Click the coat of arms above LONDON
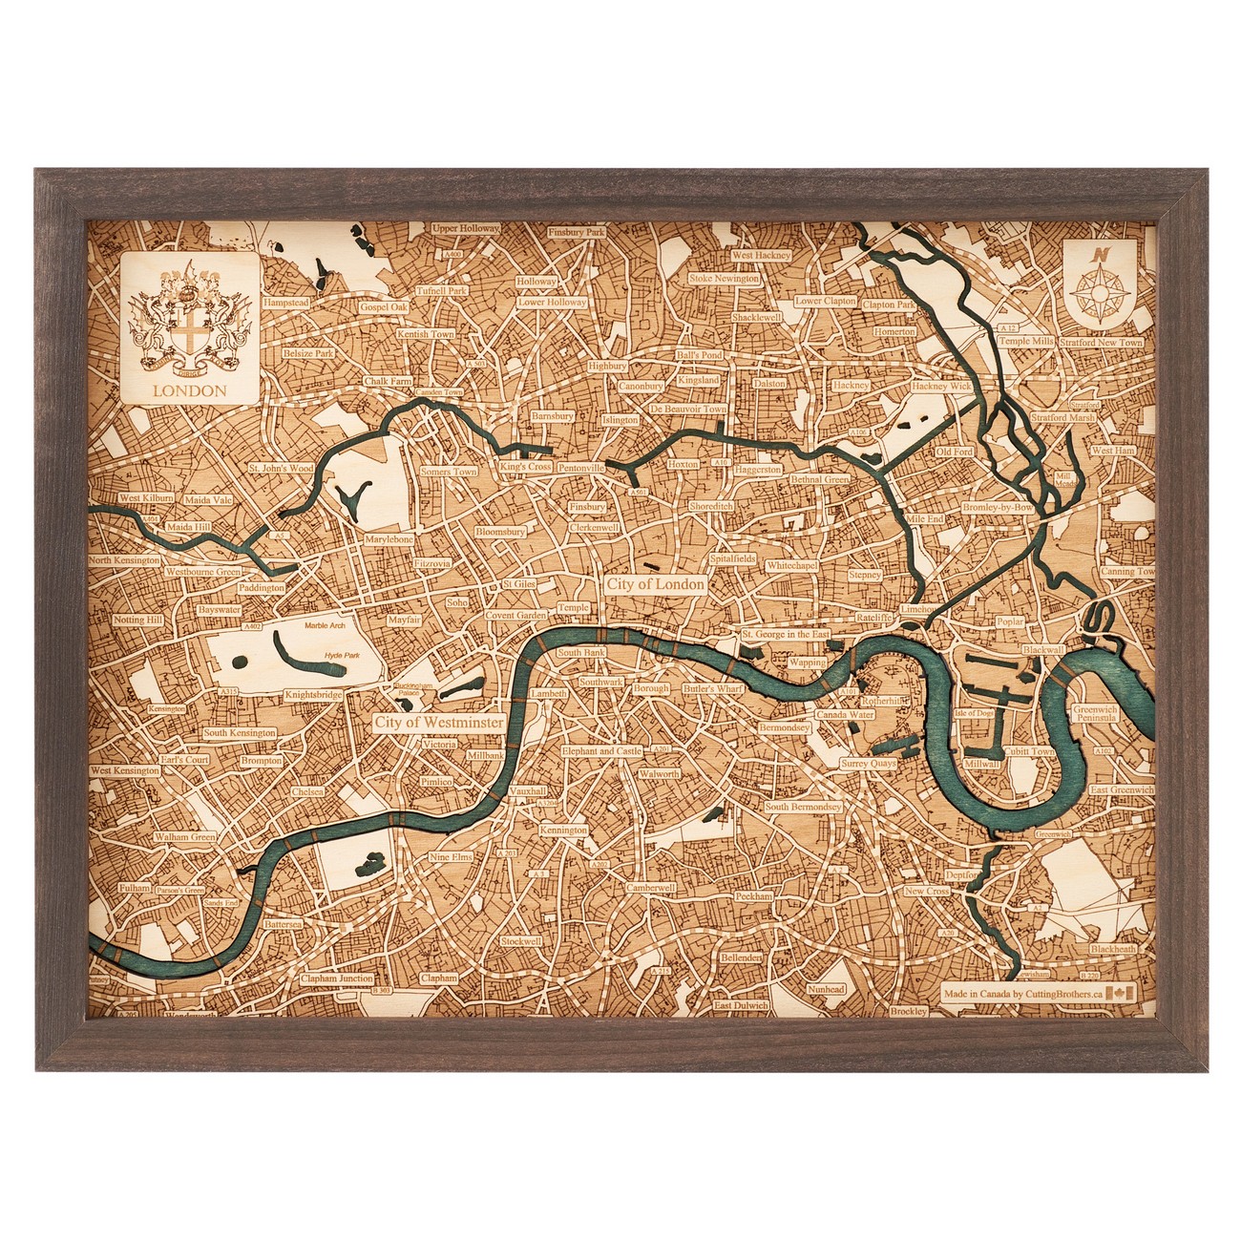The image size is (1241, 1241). point(189,319)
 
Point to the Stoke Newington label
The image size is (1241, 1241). point(725,279)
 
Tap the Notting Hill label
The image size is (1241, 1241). point(138,620)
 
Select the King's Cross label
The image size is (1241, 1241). point(524,468)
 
